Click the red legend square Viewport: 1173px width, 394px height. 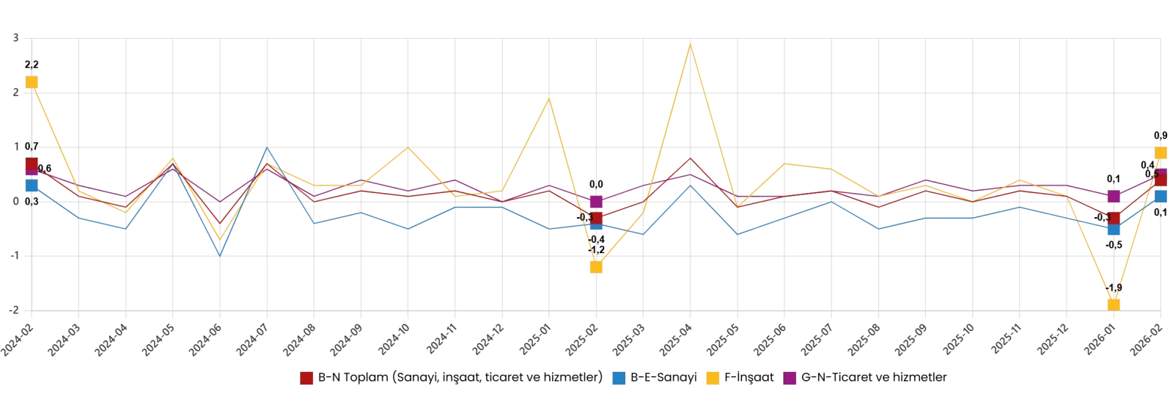(306, 378)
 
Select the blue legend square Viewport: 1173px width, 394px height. (619, 378)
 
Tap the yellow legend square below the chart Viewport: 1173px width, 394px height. (713, 378)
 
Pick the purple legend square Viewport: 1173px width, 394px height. (790, 378)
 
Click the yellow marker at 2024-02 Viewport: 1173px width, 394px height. (32, 82)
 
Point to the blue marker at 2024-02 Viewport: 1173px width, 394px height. (32, 185)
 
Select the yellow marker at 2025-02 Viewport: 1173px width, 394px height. (596, 267)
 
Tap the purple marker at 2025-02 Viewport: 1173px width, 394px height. (596, 202)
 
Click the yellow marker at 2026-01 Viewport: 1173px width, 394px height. (1114, 304)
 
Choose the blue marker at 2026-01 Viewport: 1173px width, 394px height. (1114, 229)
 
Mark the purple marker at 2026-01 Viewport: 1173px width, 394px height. (1114, 196)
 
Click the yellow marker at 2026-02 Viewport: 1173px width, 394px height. (1161, 153)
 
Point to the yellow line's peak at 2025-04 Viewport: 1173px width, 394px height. (690, 43)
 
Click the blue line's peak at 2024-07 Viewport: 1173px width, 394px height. (267, 147)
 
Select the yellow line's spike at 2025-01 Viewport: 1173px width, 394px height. (549, 98)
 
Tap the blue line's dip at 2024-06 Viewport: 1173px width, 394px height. (220, 255)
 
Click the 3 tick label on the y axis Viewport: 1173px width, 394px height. (16, 37)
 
